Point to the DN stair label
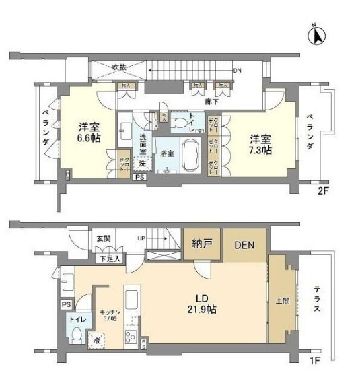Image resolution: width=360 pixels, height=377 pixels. pos(237,70)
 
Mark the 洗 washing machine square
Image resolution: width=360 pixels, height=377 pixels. pos(142,162)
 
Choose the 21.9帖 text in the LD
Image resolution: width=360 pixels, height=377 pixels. pos(202,310)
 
